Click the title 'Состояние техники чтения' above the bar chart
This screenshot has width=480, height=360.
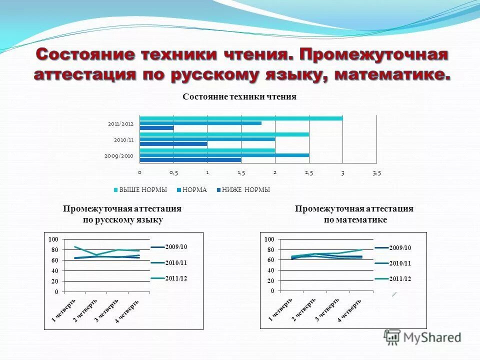(x=239, y=97)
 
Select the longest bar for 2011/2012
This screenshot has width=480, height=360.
(x=241, y=118)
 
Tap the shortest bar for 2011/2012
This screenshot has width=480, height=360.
(x=157, y=128)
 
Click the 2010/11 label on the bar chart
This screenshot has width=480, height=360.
(x=123, y=139)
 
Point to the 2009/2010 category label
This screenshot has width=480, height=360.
(x=119, y=155)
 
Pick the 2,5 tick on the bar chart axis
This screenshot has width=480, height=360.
(x=309, y=172)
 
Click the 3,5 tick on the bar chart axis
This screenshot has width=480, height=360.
(x=376, y=172)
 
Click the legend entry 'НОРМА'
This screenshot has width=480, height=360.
(x=194, y=190)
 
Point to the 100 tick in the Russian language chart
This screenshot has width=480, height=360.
(x=53, y=239)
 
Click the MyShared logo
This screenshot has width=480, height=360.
(x=422, y=337)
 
